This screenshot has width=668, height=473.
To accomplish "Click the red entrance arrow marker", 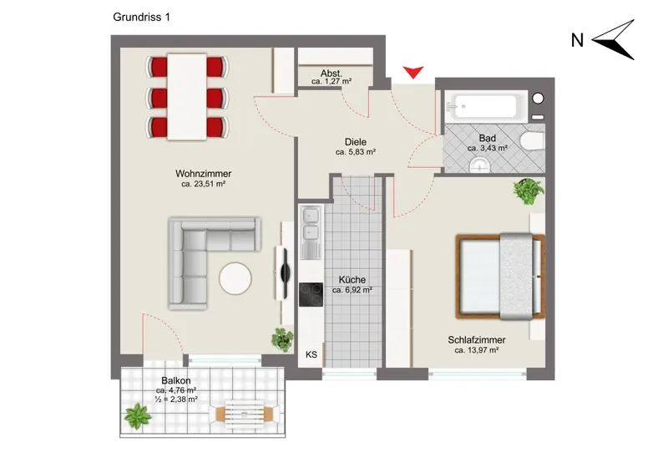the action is [413, 73].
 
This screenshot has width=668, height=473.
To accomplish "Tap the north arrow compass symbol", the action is [614, 39].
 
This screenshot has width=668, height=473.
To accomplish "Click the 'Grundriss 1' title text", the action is [141, 17].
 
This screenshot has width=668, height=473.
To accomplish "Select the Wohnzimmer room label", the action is [203, 174].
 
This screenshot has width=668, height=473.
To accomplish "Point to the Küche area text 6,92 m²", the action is [352, 290].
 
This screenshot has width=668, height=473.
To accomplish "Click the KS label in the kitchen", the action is [311, 354].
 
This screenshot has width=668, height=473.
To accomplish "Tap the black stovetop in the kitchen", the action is [311, 295].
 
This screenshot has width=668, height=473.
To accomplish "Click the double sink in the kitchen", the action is [311, 233].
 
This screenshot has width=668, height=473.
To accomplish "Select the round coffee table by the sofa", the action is [235, 278].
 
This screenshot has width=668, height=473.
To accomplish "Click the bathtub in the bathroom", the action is [486, 107].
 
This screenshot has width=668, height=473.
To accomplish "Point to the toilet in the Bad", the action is [533, 141].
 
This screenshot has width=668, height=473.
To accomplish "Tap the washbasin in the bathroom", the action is [481, 165].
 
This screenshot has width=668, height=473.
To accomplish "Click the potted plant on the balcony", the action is [138, 417].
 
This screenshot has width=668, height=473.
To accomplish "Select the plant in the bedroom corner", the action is [529, 191].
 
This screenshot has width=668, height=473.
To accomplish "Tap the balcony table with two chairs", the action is [244, 414].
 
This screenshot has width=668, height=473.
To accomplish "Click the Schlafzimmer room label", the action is [476, 340].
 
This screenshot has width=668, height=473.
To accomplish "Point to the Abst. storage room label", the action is [331, 74].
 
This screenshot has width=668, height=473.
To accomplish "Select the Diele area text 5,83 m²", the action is [356, 152].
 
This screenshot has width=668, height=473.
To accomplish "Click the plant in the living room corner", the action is [282, 339].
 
